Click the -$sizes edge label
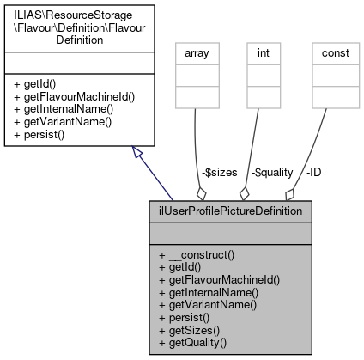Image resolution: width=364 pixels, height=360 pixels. click(x=219, y=172)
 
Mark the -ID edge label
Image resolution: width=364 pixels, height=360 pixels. click(x=315, y=172)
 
